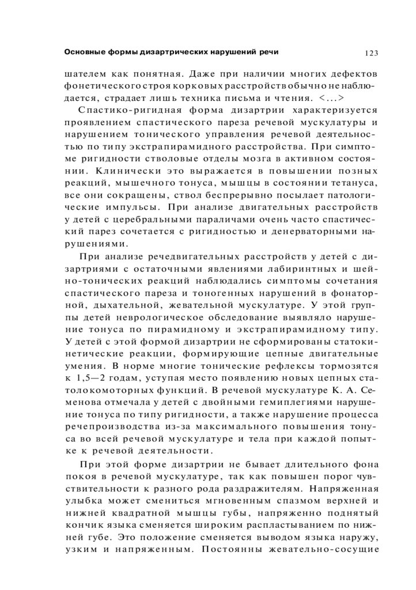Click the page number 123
point(370,53)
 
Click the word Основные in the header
point(84,52)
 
